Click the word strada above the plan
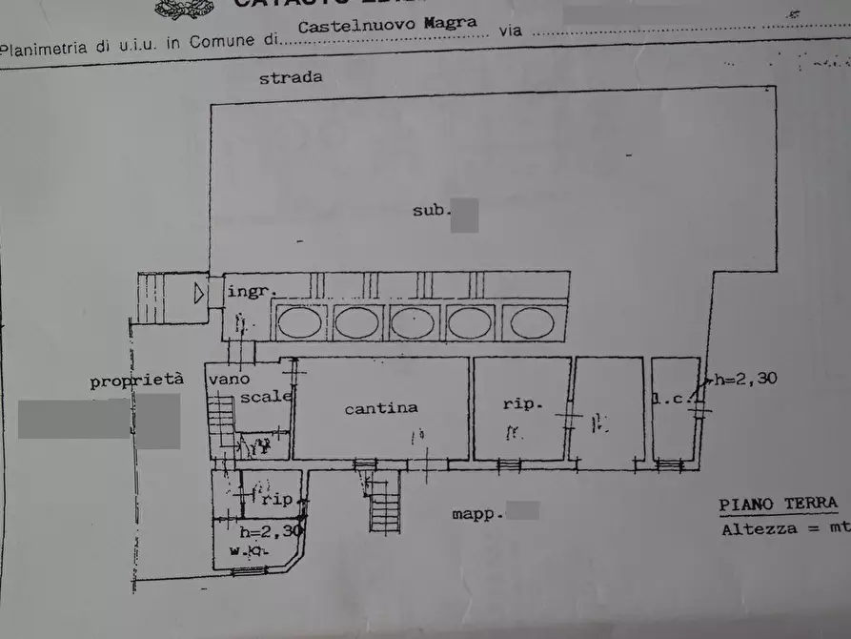click(291, 78)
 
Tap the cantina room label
click(381, 407)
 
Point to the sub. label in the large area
click(431, 210)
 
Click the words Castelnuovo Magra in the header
click(387, 26)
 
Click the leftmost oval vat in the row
click(299, 322)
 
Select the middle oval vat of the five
click(414, 322)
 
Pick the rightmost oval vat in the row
click(532, 322)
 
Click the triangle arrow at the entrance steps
click(198, 294)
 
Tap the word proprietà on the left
click(136, 381)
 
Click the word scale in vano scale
click(265, 397)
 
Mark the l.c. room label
click(671, 399)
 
